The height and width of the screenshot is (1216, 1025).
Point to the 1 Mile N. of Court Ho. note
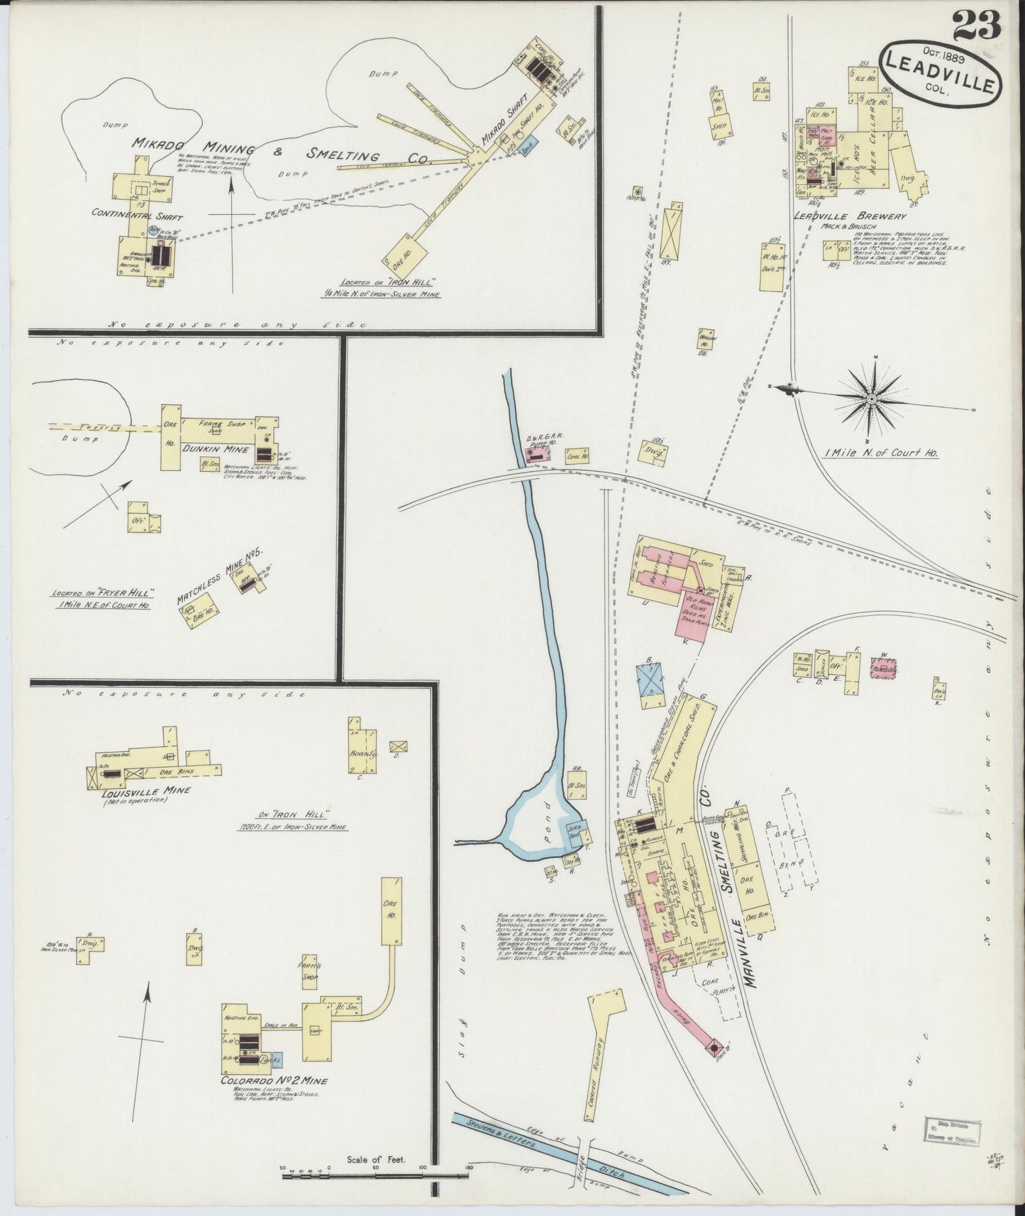(887, 451)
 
